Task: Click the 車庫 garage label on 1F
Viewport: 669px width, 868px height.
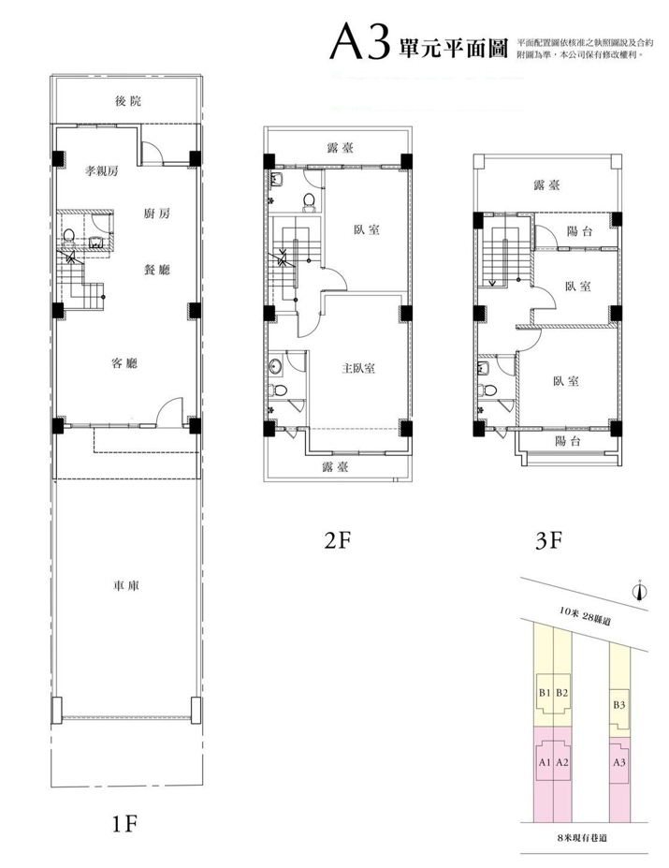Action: [x=126, y=585]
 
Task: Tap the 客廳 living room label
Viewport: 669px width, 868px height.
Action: [x=124, y=363]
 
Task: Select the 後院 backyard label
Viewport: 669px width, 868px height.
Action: [x=128, y=101]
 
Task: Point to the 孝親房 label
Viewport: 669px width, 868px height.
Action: [x=101, y=171]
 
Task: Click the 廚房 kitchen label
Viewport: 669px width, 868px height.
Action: [x=156, y=213]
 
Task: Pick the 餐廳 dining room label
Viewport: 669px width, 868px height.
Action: [x=156, y=270]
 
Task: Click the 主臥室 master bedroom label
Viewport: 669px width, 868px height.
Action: [x=358, y=368]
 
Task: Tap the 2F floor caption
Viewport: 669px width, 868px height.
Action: [x=338, y=540]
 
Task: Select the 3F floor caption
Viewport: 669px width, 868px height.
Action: [x=549, y=540]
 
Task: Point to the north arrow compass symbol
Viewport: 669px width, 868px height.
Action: [x=640, y=591]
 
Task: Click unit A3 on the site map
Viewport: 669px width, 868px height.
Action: [x=619, y=762]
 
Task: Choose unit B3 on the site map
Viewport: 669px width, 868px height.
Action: [x=619, y=705]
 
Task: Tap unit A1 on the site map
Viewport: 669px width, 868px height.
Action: [x=545, y=762]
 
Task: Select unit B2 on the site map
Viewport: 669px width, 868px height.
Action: [x=562, y=692]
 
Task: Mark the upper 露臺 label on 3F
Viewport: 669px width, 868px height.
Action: [x=546, y=184]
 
